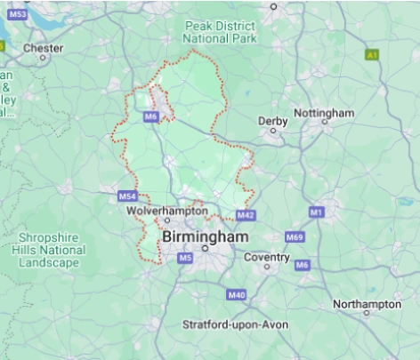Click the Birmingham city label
[205, 237]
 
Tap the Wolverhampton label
[160, 211]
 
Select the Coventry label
[267, 258]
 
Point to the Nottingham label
[324, 113]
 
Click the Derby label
[272, 121]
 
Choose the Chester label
[44, 47]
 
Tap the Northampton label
[367, 304]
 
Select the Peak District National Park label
[220, 33]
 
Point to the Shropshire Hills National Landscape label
[52, 252]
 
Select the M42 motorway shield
[246, 215]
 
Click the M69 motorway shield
[295, 237]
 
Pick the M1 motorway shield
[315, 212]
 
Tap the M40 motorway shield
[236, 294]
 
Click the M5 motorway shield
[185, 258]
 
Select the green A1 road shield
[371, 55]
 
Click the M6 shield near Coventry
[303, 265]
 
